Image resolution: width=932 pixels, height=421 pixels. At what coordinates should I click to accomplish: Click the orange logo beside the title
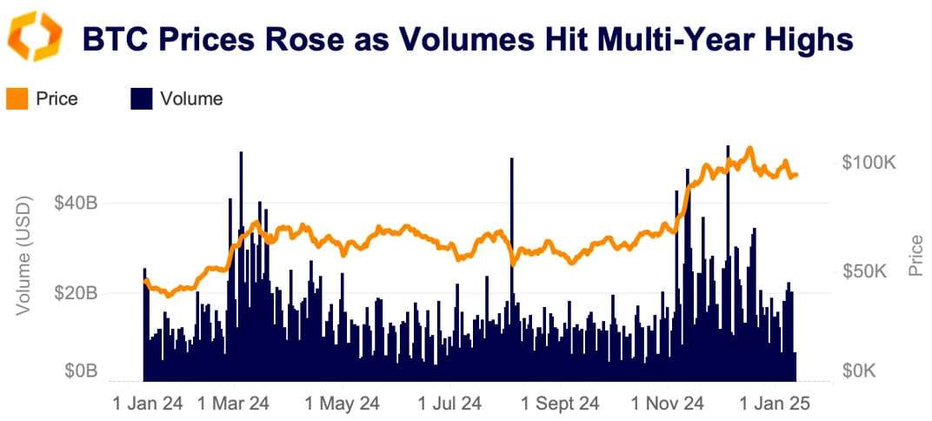pyautogui.click(x=34, y=37)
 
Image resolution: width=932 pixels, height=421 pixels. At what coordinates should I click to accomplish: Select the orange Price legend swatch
pyautogui.click(x=17, y=99)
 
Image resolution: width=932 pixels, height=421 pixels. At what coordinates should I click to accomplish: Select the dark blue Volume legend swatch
pyautogui.click(x=141, y=99)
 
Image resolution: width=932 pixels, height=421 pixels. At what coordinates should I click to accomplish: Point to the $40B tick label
pyautogui.click(x=75, y=203)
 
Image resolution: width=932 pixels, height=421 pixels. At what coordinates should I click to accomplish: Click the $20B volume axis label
pyautogui.click(x=75, y=293)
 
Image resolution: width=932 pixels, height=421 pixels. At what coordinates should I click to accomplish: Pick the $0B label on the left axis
pyautogui.click(x=80, y=372)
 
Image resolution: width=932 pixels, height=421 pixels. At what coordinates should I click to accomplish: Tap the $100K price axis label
pyautogui.click(x=869, y=163)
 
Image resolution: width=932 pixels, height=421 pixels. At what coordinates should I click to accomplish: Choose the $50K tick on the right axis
pyautogui.click(x=866, y=271)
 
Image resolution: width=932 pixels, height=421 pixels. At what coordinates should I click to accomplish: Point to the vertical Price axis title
pyautogui.click(x=915, y=256)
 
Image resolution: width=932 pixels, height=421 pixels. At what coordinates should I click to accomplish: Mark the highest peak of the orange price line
pyautogui.click(x=749, y=149)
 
